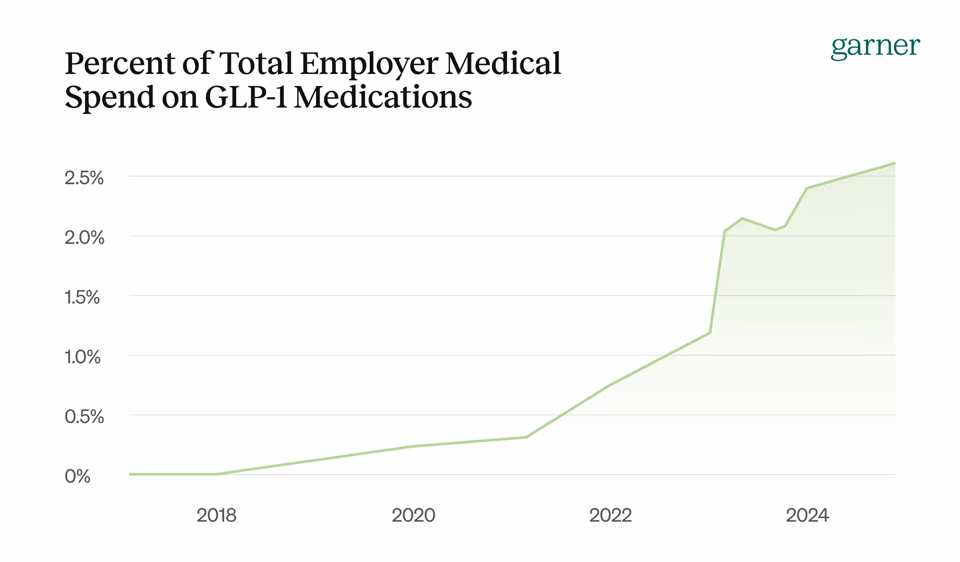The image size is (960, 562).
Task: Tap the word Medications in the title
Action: click(x=383, y=97)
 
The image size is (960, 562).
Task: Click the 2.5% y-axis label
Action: click(x=84, y=178)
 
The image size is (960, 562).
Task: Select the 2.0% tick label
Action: click(x=84, y=238)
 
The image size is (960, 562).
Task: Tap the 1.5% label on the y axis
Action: click(x=82, y=297)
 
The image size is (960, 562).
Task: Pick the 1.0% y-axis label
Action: click(x=82, y=357)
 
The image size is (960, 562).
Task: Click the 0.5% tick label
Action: click(x=84, y=417)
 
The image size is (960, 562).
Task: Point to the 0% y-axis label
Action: click(x=78, y=476)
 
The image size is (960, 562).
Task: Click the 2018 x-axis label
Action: click(x=216, y=515)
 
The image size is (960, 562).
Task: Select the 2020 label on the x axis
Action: click(x=413, y=515)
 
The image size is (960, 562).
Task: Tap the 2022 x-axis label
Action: click(x=610, y=515)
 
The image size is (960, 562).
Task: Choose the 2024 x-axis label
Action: click(x=807, y=515)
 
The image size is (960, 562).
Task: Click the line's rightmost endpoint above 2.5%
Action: click(x=895, y=163)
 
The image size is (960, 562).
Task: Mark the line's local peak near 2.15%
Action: click(x=742, y=219)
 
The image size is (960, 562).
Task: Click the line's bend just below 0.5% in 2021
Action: click(x=526, y=437)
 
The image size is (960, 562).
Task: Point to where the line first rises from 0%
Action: click(x=216, y=474)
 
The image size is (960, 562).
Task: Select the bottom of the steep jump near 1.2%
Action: click(x=710, y=333)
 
